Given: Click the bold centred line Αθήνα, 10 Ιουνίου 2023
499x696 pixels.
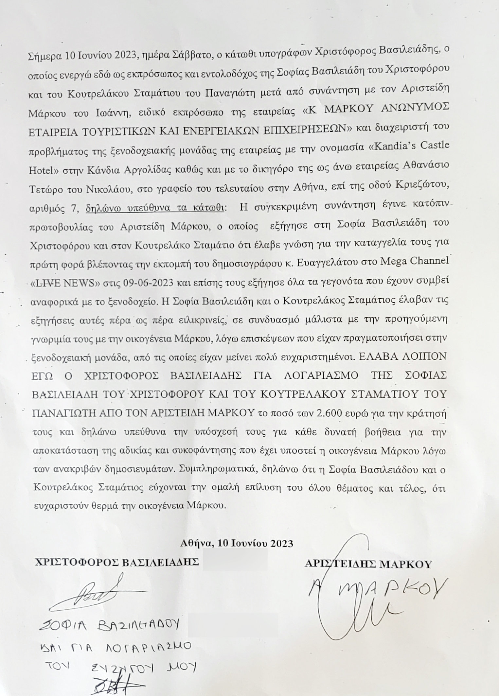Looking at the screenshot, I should (x=236, y=543).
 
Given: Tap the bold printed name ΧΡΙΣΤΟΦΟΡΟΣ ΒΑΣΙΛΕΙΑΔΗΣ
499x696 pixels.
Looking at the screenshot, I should (x=117, y=562).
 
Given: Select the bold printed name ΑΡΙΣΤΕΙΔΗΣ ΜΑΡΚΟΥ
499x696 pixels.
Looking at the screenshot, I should (x=368, y=564).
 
